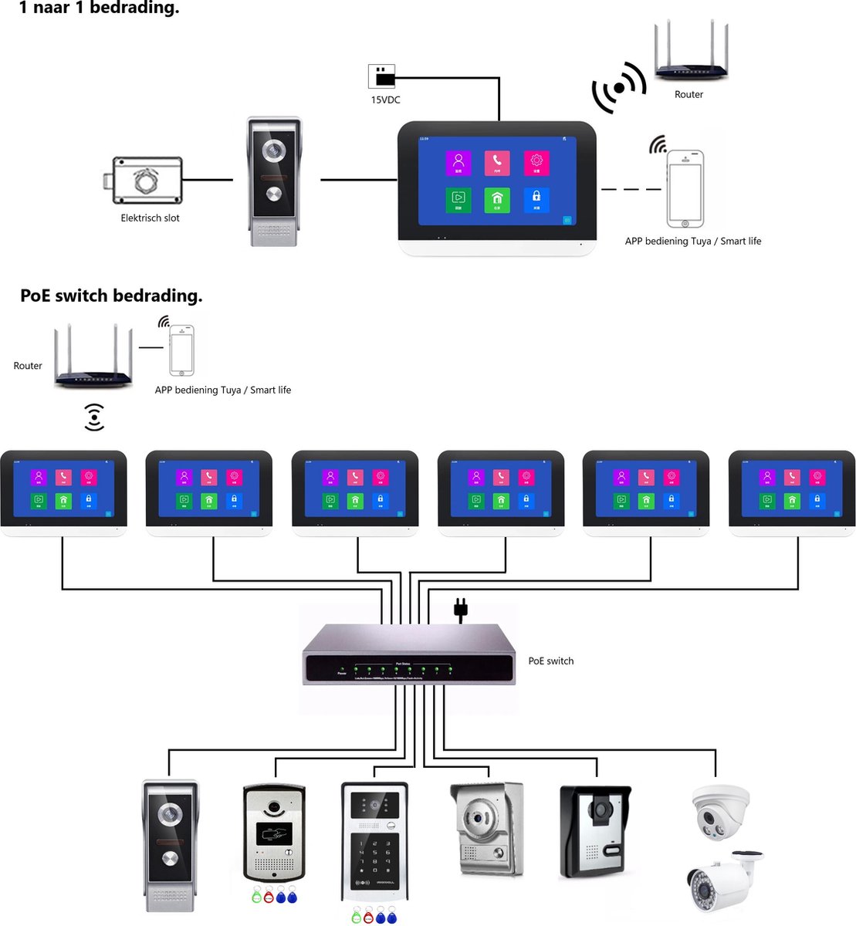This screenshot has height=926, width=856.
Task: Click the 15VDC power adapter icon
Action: (x=381, y=76)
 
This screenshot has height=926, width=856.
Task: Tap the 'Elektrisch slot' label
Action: (x=150, y=218)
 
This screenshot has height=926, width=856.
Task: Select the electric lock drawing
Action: (x=146, y=180)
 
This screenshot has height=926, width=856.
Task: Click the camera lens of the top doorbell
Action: (x=274, y=150)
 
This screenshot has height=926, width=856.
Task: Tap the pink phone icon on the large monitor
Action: (x=497, y=162)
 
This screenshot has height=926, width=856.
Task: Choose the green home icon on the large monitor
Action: (x=497, y=200)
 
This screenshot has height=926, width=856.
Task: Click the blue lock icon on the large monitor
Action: (x=536, y=199)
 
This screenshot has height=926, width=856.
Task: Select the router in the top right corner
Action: (x=691, y=52)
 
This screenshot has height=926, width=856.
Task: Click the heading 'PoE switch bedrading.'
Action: (x=111, y=296)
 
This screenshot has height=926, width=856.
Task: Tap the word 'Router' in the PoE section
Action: (x=28, y=366)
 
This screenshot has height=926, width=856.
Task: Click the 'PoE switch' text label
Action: (x=550, y=661)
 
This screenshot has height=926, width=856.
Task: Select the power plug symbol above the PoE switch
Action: (x=461, y=609)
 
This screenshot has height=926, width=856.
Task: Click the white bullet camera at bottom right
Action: (x=722, y=881)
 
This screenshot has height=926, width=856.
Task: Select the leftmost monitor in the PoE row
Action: (x=63, y=492)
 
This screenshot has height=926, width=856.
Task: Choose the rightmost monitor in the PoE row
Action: (x=791, y=492)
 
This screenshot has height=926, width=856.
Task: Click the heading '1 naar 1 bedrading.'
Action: (x=99, y=8)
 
